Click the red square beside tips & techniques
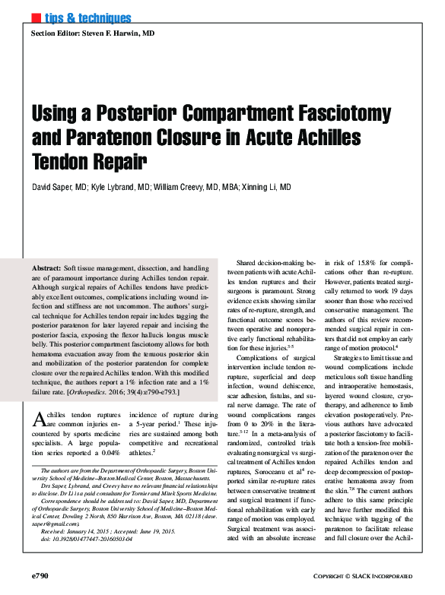35,17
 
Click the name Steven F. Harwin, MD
120,34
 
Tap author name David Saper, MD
58,186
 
